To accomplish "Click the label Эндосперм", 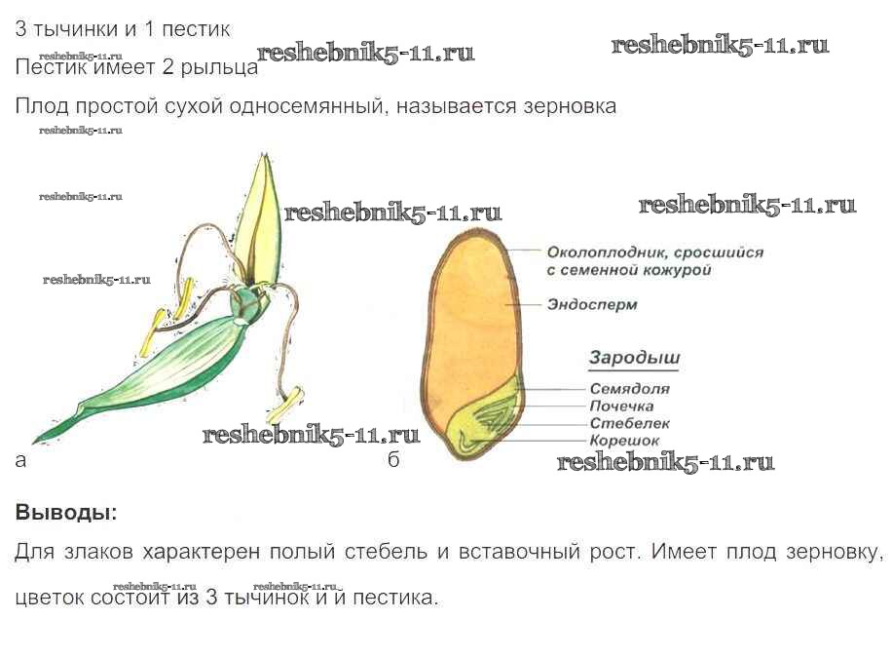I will point(591,305).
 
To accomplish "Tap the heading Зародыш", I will point(634,358).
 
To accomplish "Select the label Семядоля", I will point(630,389).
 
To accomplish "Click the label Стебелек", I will point(630,423).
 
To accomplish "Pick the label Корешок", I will point(624,441).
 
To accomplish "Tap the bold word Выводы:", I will point(65,512).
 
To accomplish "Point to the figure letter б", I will point(393,460).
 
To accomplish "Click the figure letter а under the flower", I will point(20,460).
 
